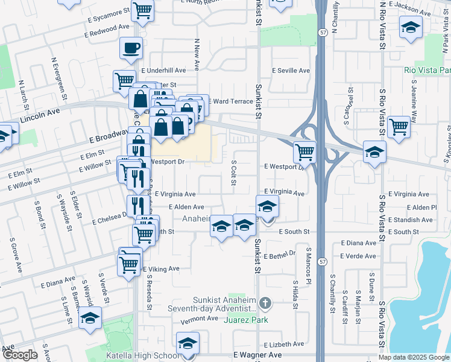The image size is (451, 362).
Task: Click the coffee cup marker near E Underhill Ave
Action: point(131,48)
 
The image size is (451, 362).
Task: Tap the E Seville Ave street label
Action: point(291,71)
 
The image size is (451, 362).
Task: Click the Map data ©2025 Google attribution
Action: point(414,357)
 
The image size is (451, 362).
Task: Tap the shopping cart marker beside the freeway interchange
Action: point(305,151)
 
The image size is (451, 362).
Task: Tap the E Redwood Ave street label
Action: point(107,31)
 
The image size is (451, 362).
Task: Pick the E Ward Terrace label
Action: point(231,101)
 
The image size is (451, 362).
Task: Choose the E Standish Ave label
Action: point(412,220)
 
